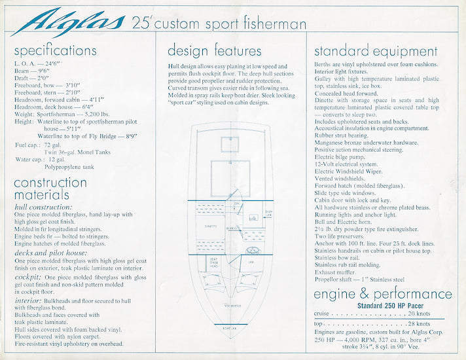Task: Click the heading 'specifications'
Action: [x=55, y=50]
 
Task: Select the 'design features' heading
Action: [x=215, y=50]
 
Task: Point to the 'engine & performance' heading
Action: [x=383, y=294]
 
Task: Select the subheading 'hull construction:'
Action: [x=42, y=207]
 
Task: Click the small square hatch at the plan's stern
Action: [x=229, y=143]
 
